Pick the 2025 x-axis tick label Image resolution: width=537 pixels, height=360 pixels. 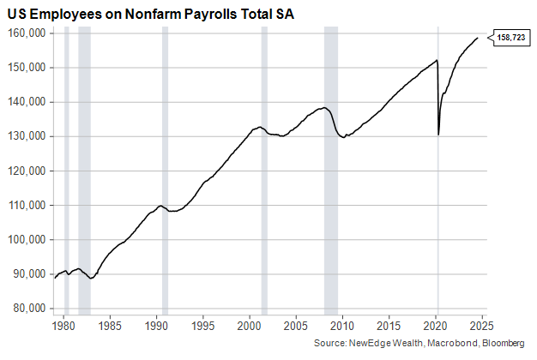481,326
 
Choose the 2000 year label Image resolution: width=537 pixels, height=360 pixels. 249,326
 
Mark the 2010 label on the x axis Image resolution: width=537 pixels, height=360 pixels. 342,326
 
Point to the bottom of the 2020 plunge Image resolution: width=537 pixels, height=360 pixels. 438,134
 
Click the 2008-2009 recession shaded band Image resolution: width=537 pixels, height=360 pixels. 331,171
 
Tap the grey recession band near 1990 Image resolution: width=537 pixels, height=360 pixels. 165,171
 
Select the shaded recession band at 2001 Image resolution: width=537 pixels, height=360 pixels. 263,171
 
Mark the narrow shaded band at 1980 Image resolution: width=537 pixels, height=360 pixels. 67,171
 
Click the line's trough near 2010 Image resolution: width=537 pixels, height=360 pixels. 343,137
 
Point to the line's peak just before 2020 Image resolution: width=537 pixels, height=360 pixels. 437,60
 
